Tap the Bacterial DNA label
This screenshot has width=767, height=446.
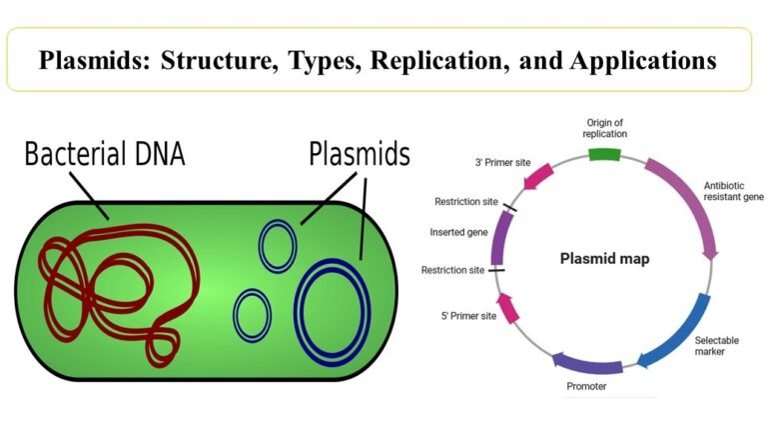(x=105, y=155)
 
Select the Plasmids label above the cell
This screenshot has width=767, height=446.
(x=360, y=155)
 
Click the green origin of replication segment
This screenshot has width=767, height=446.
(x=603, y=155)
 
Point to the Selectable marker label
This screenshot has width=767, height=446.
(x=717, y=347)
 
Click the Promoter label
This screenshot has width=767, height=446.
(x=585, y=386)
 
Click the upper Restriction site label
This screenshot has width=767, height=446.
(x=465, y=201)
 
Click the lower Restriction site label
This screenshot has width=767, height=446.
(x=452, y=270)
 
